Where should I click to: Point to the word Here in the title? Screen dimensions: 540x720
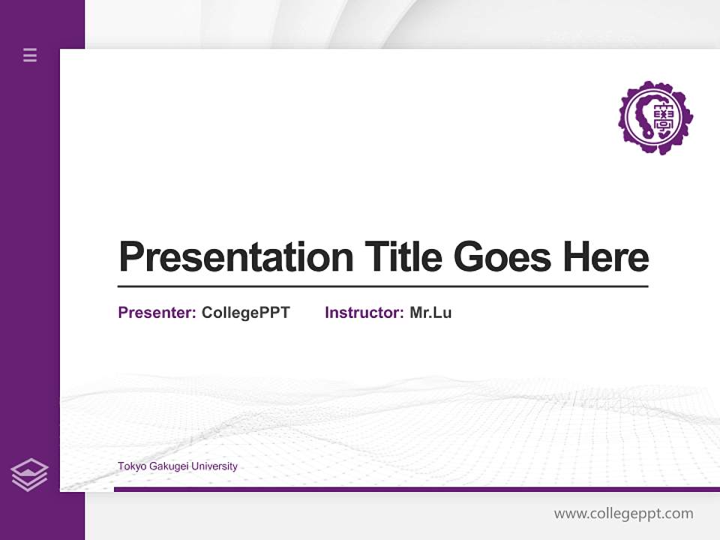click(x=606, y=257)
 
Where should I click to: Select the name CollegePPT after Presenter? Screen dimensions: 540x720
click(x=245, y=313)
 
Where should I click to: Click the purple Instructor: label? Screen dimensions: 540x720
click(x=364, y=313)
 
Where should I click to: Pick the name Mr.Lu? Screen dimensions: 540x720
click(x=430, y=313)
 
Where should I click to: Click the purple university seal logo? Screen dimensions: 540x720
click(x=655, y=118)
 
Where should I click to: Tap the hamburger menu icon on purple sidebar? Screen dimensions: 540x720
click(x=30, y=55)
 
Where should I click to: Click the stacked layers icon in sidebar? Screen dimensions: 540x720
click(x=29, y=475)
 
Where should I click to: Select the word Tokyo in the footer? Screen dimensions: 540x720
click(x=130, y=466)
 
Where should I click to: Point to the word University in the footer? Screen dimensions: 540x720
click(x=214, y=466)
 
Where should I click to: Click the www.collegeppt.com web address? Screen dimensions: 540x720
click(x=623, y=514)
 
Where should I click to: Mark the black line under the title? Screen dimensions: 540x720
click(x=382, y=286)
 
